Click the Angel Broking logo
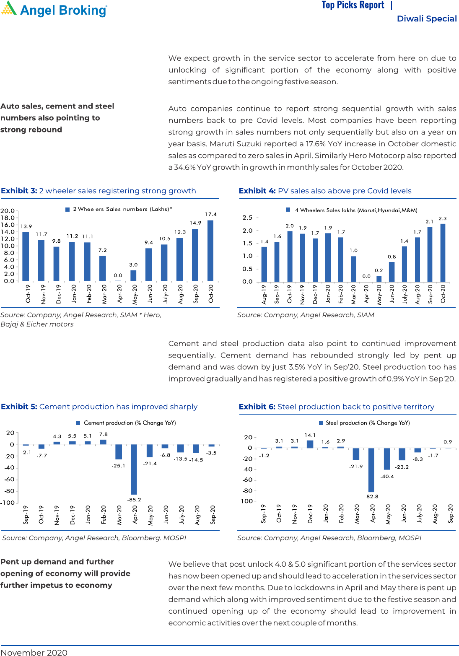click(x=54, y=9)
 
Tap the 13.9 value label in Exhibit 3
click(x=26, y=226)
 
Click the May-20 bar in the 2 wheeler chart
click(x=133, y=275)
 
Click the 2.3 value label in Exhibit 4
click(x=443, y=218)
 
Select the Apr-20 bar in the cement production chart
click(x=134, y=469)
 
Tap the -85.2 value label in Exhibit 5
click(x=134, y=500)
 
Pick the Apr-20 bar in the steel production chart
click(x=371, y=470)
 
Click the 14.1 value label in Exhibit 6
click(x=310, y=435)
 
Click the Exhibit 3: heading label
click(x=19, y=191)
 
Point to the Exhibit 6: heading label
click(x=257, y=407)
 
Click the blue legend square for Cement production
click(x=78, y=423)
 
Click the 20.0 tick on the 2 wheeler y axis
click(x=8, y=211)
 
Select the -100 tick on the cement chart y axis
click(x=8, y=503)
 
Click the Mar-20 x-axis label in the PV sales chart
click(x=353, y=293)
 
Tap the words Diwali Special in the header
click(x=427, y=18)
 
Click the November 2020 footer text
click(x=34, y=652)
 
